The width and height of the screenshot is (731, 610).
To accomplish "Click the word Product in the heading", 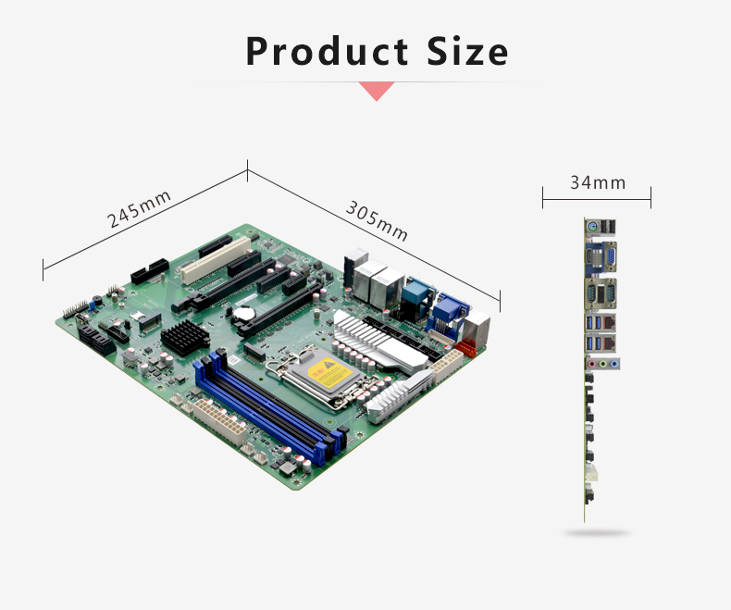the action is pyautogui.click(x=327, y=51).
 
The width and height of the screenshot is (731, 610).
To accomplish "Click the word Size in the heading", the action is pyautogui.click(x=467, y=51).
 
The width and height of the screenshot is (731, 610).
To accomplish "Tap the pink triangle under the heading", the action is pyautogui.click(x=377, y=91).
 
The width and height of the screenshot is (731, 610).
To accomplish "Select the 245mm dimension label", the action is pyautogui.click(x=139, y=208).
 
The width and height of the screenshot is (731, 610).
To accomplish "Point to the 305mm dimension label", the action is pyautogui.click(x=377, y=220).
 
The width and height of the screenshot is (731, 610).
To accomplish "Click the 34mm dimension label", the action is pyautogui.click(x=598, y=182).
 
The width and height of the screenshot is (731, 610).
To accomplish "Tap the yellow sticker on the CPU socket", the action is pyautogui.click(x=330, y=372).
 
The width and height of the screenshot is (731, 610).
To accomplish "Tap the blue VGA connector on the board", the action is pyautogui.click(x=449, y=311).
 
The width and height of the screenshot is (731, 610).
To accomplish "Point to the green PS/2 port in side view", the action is pyautogui.click(x=591, y=228).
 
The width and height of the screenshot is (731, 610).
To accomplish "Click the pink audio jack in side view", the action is pyautogui.click(x=592, y=364).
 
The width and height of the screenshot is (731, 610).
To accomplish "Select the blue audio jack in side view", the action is pyautogui.click(x=614, y=364).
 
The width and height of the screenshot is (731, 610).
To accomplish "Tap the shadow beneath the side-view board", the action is pyautogui.click(x=596, y=532).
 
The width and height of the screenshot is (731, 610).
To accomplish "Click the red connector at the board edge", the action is pyautogui.click(x=467, y=347).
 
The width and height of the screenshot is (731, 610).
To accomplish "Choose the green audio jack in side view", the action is pyautogui.click(x=602, y=364).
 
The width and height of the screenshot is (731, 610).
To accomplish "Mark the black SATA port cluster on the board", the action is pyautogui.click(x=96, y=340).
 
